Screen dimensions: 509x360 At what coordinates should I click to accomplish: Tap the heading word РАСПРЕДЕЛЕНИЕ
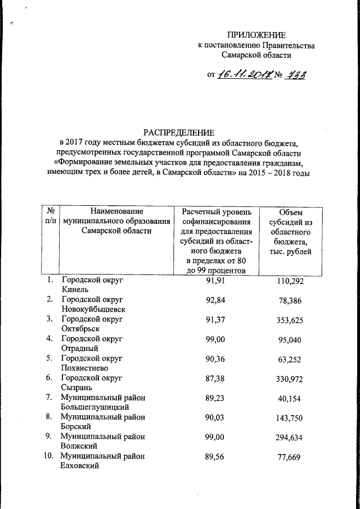pos(179,133)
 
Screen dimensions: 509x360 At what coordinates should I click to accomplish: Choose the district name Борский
pos(76,426)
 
